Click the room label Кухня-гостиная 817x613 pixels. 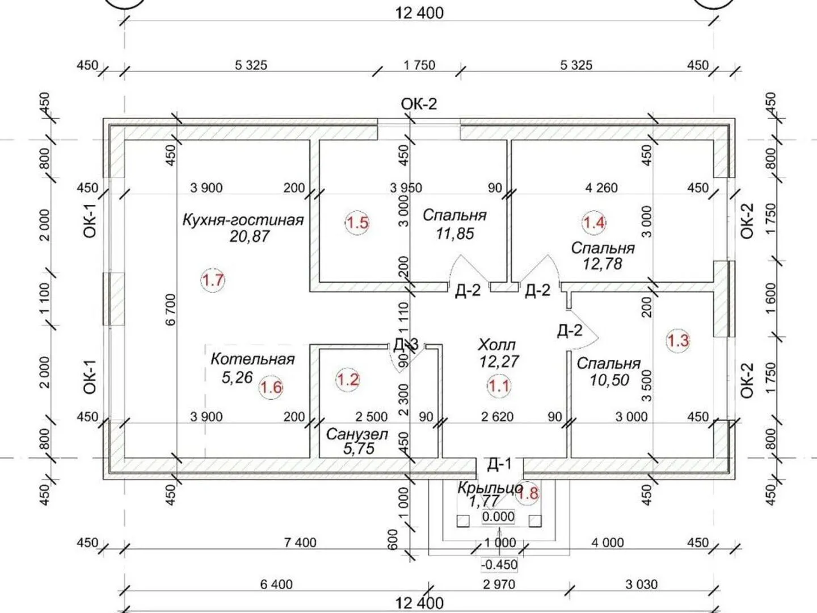pyautogui.click(x=243, y=220)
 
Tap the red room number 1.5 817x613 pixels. pyautogui.click(x=357, y=223)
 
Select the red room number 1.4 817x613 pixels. pyautogui.click(x=593, y=223)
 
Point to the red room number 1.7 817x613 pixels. pyautogui.click(x=213, y=280)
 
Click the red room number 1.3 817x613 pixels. pyautogui.click(x=678, y=341)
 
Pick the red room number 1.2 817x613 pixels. pyautogui.click(x=348, y=380)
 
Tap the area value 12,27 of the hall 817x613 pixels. pyautogui.click(x=499, y=362)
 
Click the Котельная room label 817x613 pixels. pyautogui.click(x=252, y=359)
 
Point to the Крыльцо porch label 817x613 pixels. pyautogui.click(x=490, y=488)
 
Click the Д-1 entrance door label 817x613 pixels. pyautogui.click(x=499, y=464)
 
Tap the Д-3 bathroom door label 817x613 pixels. pyautogui.click(x=406, y=345)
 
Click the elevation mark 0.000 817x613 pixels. pyautogui.click(x=498, y=517)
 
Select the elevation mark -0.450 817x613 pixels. pyautogui.click(x=499, y=565)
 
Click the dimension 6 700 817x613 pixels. pyautogui.click(x=170, y=310)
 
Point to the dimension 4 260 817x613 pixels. pyautogui.click(x=601, y=188)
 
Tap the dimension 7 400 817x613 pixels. pyautogui.click(x=300, y=543)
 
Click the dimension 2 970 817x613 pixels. pyautogui.click(x=499, y=585)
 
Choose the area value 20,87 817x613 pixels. pyautogui.click(x=250, y=237)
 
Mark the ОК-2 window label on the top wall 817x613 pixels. pyautogui.click(x=419, y=104)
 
